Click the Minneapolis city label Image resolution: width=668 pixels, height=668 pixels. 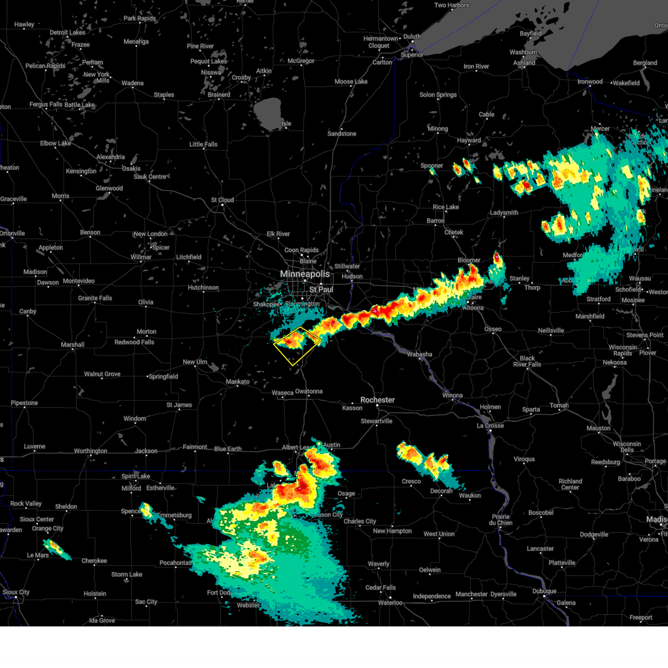coord(304,274)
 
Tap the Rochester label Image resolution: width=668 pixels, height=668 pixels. coord(377,400)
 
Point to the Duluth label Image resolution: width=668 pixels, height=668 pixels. coord(412,36)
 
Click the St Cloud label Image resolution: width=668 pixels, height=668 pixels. coord(222,200)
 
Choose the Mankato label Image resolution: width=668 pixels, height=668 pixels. coord(238,381)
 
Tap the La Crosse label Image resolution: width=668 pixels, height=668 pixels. coord(490,425)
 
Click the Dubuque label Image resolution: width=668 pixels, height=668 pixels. coord(544,591)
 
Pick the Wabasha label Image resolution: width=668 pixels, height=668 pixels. coord(419,354)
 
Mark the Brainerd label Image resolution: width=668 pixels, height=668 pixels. coord(219,95)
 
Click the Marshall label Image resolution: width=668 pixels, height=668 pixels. coord(72,345)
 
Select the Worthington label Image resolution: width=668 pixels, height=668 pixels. coord(91,451)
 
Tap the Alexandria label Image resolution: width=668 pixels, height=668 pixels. coord(111,157)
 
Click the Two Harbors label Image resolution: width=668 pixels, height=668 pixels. coord(451,5)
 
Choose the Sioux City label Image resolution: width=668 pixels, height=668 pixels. coord(16,592)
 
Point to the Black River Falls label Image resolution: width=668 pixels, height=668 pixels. coord(527,361)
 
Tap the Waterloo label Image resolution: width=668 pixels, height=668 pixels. coord(390,603)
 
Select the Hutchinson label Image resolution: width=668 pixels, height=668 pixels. coord(203,288)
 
